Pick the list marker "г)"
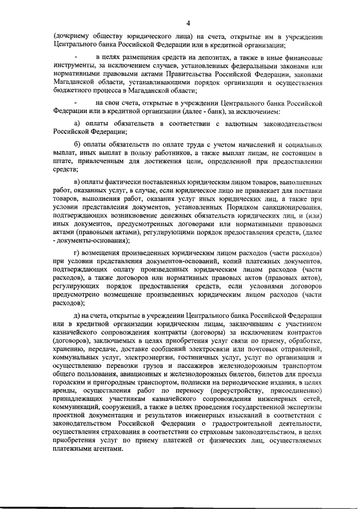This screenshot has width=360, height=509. tap(77, 254)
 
